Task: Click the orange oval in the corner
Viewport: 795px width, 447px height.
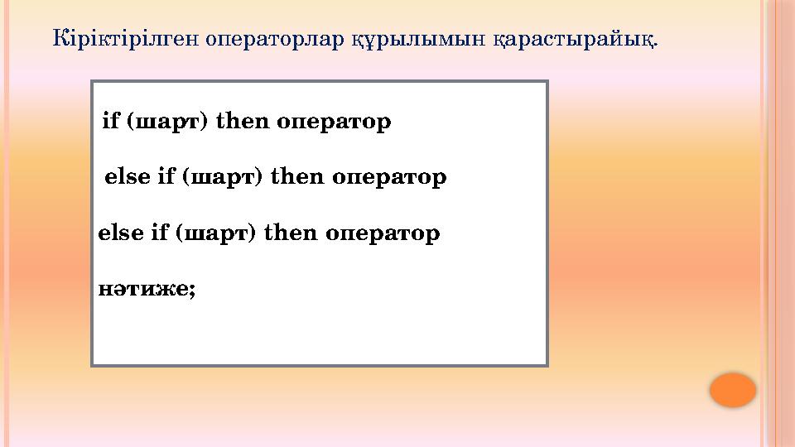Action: tap(733, 390)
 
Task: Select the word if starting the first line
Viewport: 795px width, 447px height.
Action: tap(110, 123)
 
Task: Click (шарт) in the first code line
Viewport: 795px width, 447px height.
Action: tap(166, 123)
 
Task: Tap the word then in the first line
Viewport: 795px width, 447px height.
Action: tap(242, 123)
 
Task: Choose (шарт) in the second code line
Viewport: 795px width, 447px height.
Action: tap(222, 177)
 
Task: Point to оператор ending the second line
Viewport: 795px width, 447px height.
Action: tap(389, 177)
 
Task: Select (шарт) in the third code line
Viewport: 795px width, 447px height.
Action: tap(215, 233)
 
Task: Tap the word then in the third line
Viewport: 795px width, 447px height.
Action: tap(291, 233)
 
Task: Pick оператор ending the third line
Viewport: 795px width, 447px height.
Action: tap(382, 233)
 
